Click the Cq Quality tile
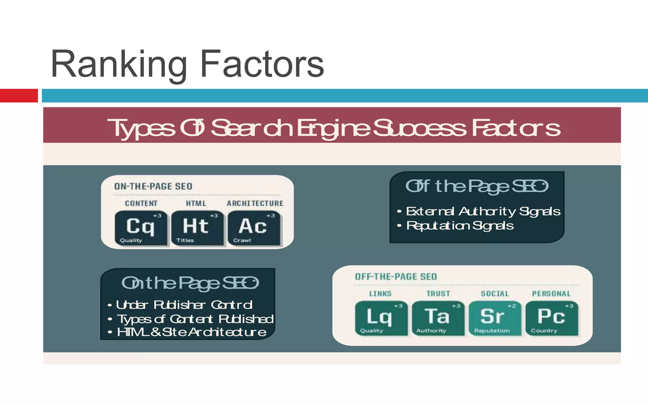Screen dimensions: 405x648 (140, 228)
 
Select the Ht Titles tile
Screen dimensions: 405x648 (197, 228)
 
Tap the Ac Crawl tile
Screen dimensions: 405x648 (254, 228)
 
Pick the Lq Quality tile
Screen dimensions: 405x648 (381, 318)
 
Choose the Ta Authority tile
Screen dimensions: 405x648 (438, 318)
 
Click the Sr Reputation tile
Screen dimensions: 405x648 (495, 318)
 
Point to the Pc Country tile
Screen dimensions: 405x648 (551, 318)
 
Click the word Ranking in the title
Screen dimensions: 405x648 (119, 65)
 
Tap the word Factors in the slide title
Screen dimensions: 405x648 (262, 65)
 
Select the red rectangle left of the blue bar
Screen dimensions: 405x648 (19, 96)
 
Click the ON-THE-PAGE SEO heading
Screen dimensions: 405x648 (153, 187)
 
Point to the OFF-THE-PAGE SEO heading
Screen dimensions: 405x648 (396, 277)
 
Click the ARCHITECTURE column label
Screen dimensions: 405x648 (255, 203)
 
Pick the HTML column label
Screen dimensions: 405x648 (196, 203)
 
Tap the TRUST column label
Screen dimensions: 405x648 (438, 294)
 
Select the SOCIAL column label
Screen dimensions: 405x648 (495, 294)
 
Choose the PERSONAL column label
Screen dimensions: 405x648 (551, 294)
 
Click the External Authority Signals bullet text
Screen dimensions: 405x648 (483, 211)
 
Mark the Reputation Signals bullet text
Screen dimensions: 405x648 (460, 226)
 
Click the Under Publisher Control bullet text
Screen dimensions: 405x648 (184, 305)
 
